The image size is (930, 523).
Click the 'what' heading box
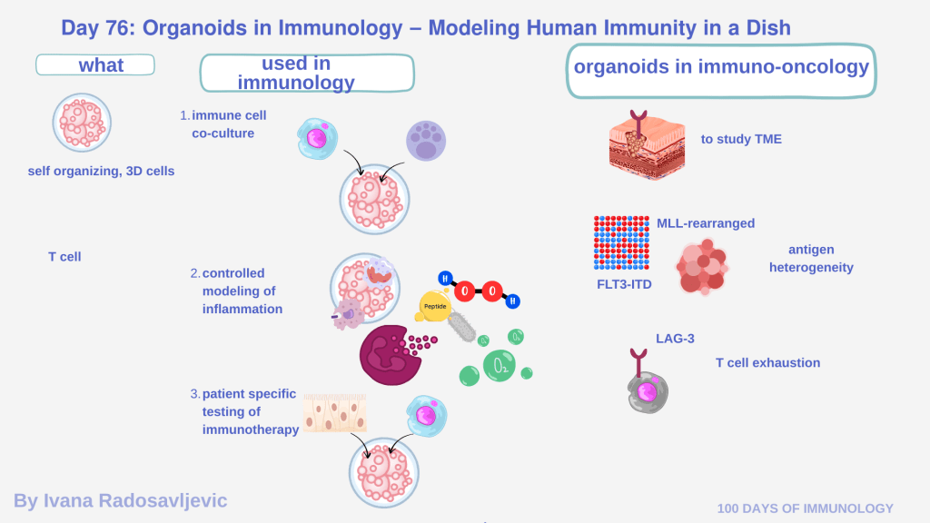[95, 65]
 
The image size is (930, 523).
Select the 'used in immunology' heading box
[307, 74]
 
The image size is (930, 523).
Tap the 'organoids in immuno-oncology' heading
[721, 68]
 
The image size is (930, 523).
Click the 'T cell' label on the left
[64, 257]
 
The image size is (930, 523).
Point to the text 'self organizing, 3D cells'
[101, 171]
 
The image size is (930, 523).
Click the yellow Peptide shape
[434, 307]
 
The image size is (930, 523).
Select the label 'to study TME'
[741, 139]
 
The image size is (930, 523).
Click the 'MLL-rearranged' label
[706, 223]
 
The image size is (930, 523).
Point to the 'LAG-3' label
[675, 339]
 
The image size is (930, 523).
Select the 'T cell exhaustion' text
[767, 363]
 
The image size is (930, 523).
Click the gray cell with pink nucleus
[648, 390]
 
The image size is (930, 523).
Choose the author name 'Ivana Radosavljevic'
[120, 500]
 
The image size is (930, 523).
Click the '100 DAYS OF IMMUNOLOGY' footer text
[806, 508]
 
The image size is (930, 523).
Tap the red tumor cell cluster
[703, 266]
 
